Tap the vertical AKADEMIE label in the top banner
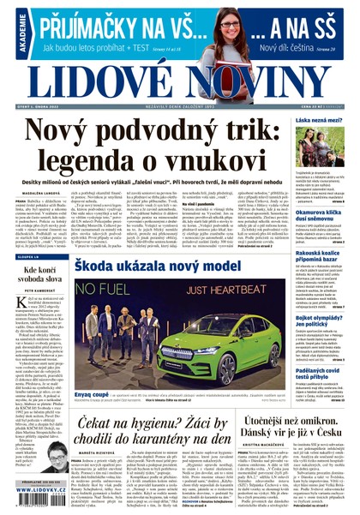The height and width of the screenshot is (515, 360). (8, 25)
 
